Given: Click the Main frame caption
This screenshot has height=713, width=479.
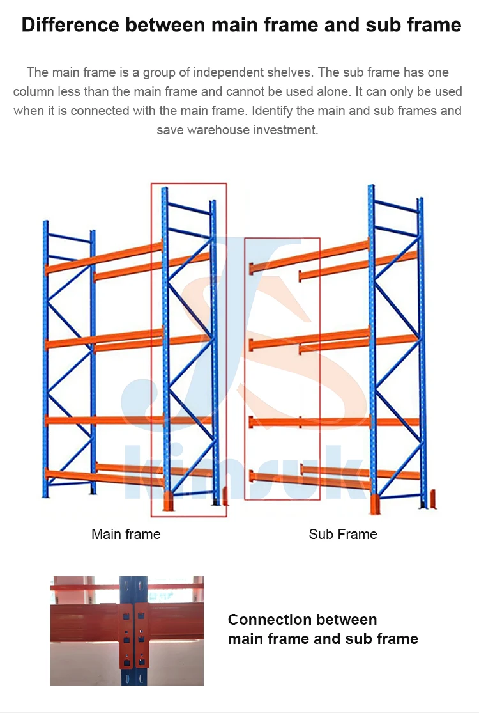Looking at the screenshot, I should coord(126,534).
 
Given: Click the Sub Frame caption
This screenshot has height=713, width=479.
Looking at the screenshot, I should coord(343,534).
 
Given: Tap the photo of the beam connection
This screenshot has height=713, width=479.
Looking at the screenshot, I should coord(127,630).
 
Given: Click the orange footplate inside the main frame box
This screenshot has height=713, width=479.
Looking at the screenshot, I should coord(169,502).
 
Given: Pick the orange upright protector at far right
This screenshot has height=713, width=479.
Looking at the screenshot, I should coord(434,499).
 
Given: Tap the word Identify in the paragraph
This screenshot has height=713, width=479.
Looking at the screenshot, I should coord(273,111).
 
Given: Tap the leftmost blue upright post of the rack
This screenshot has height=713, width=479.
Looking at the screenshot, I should coord(45,358).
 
